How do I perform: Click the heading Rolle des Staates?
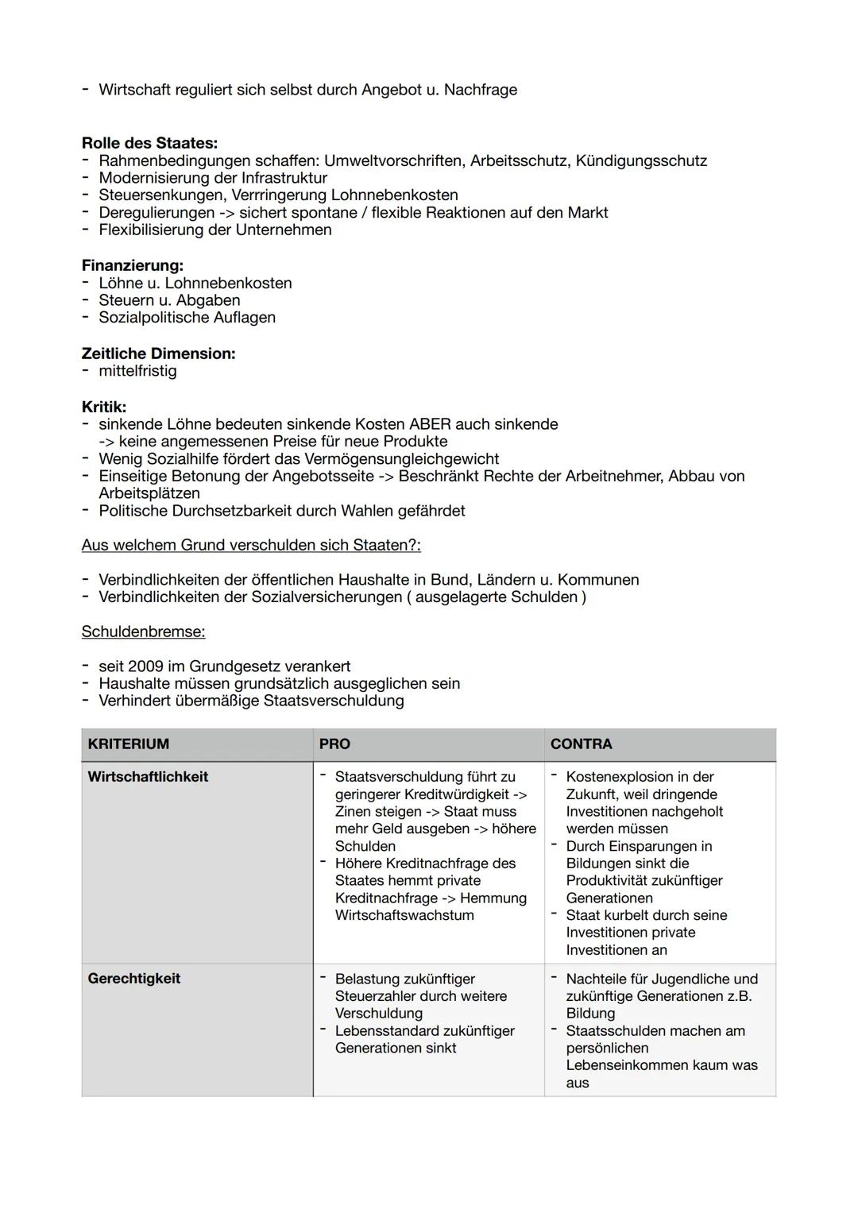pos(149,144)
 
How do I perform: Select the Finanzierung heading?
pos(132,265)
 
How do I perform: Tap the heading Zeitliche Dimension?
pos(158,353)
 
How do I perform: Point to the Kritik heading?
pos(103,407)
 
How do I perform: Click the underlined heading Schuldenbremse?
pos(143,632)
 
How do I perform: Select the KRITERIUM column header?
pos(128,744)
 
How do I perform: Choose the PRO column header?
pos(334,744)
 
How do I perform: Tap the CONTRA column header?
pos(581,744)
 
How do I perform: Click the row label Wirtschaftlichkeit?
pos(148,777)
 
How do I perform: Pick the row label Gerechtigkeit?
pos(133,979)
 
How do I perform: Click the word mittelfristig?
pos(137,371)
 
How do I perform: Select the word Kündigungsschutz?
pos(640,161)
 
